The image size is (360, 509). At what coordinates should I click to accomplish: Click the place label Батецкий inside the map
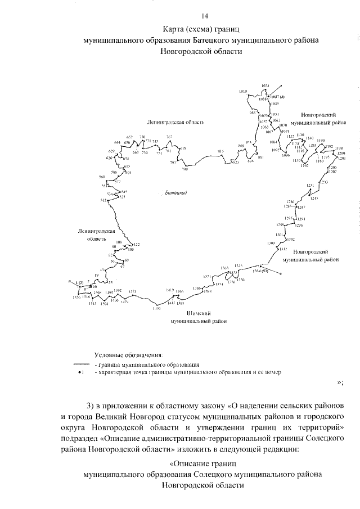coord(175,193)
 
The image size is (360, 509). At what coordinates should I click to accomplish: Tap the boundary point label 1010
coord(243,91)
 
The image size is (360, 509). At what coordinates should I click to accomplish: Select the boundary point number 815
coord(221,151)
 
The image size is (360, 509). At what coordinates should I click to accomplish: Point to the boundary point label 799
coord(184,169)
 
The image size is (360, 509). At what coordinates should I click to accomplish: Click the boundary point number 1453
coord(157,308)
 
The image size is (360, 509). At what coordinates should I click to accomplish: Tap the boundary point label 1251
coord(310,186)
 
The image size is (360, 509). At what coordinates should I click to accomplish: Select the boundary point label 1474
coord(133,291)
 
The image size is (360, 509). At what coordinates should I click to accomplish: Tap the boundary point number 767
coord(169,137)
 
